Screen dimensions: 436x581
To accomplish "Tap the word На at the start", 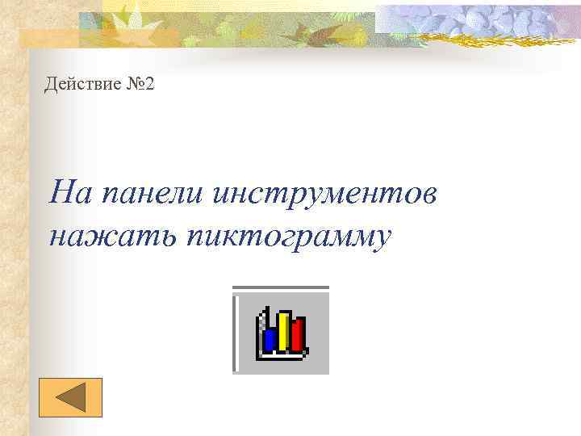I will (x=66, y=194).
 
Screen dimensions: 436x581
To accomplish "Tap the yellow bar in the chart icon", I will (x=284, y=332).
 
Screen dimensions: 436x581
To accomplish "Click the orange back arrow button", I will (x=71, y=397).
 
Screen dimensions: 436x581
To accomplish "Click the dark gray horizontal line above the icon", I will (x=281, y=287).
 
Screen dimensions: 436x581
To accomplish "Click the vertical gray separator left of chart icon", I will (x=236, y=331).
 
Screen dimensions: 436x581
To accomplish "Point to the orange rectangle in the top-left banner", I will (x=48, y=36).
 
